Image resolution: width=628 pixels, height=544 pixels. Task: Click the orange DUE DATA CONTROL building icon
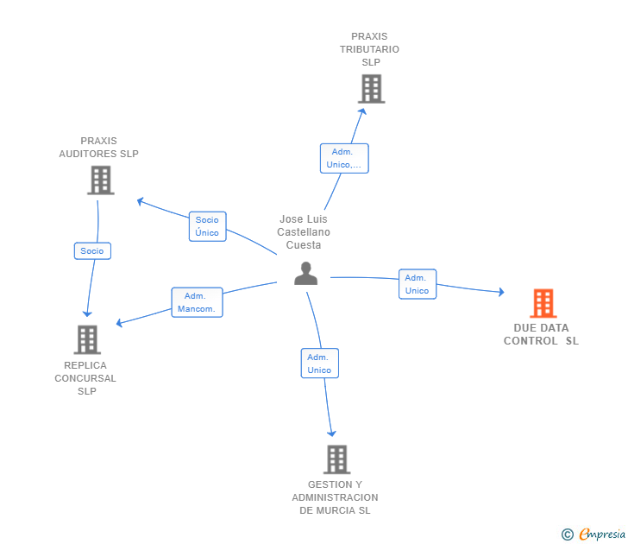(x=543, y=303)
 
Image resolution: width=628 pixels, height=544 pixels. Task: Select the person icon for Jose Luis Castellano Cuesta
(x=305, y=273)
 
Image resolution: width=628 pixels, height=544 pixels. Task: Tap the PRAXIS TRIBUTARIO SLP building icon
(x=371, y=89)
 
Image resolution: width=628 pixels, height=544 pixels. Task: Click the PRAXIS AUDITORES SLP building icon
(x=101, y=180)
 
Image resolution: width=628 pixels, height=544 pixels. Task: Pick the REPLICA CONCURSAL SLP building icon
(x=87, y=339)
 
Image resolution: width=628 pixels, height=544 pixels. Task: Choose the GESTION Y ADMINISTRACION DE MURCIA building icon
(x=336, y=459)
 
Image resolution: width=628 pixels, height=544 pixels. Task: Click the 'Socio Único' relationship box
(x=207, y=226)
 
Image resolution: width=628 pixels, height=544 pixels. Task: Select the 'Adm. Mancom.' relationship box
(x=197, y=302)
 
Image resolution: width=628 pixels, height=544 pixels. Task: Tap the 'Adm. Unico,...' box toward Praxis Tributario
(x=344, y=158)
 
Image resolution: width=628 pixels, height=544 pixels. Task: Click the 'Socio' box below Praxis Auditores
(x=92, y=250)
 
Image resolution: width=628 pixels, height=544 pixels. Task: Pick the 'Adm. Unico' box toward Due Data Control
(x=418, y=284)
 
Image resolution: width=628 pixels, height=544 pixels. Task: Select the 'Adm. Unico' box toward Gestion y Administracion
(x=319, y=364)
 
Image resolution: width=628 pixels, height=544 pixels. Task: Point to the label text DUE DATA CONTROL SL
(x=541, y=334)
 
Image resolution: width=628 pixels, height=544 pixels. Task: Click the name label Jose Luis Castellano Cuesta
(x=304, y=231)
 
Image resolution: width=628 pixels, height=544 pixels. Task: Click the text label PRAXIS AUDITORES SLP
(x=98, y=147)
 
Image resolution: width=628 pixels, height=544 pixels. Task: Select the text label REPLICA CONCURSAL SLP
(x=85, y=378)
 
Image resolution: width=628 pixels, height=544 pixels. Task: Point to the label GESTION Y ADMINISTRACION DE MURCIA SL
(x=335, y=497)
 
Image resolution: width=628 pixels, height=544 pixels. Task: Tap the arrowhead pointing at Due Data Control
(x=500, y=293)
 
